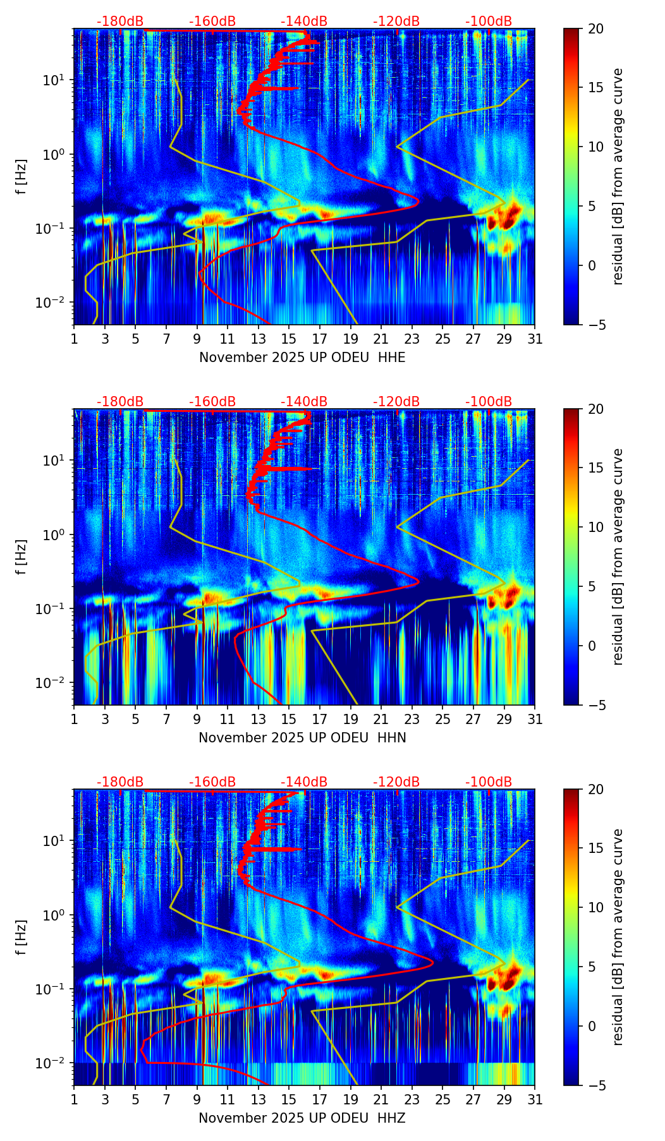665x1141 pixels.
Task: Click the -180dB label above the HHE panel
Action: (x=120, y=21)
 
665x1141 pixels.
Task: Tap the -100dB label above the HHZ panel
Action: (x=489, y=782)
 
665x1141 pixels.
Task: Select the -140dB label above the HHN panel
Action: (x=304, y=402)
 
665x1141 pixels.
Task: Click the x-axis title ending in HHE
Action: (x=302, y=358)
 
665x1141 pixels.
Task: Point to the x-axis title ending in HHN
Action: (x=302, y=738)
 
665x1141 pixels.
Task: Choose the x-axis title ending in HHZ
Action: (x=302, y=1118)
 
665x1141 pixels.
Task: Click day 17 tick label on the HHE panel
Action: (x=319, y=339)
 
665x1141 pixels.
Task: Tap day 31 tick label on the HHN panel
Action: (x=535, y=720)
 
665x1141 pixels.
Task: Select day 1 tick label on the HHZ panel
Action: (x=74, y=1100)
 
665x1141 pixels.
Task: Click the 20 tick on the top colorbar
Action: (x=597, y=28)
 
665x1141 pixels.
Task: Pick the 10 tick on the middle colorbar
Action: (x=597, y=527)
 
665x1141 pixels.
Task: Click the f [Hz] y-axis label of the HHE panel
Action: (x=21, y=176)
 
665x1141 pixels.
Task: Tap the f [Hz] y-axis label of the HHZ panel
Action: (x=21, y=937)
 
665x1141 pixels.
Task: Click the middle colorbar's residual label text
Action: (x=618, y=557)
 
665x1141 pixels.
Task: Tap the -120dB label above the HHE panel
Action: (x=396, y=21)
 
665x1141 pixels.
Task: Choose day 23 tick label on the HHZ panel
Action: (x=412, y=1100)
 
